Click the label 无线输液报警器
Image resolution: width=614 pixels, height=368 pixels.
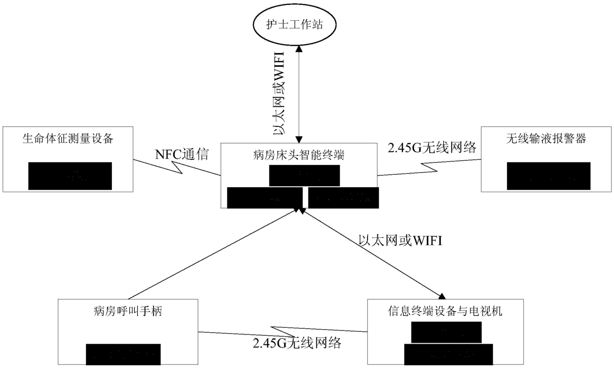546,139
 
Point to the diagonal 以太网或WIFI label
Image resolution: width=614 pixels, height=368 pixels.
400,241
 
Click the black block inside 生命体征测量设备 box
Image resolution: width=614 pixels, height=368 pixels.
70,176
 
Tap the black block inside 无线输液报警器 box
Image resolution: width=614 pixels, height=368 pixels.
549,176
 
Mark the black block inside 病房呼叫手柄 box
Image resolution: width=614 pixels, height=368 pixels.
124,353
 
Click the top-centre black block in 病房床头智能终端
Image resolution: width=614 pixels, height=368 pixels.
305,175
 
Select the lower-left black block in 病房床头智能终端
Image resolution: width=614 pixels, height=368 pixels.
264,198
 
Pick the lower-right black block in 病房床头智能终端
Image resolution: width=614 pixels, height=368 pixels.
343,198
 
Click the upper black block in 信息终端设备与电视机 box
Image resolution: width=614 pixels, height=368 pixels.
446,332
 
